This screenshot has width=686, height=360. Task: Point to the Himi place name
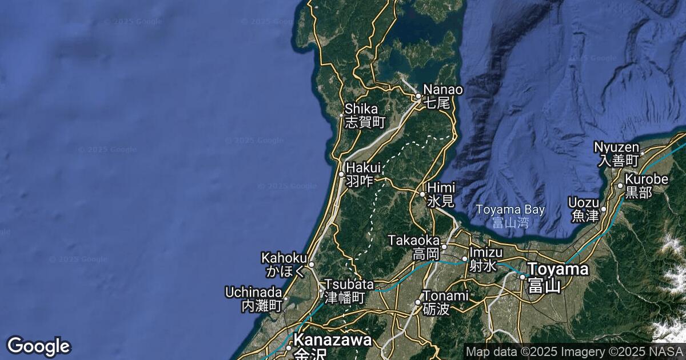tap(441, 194)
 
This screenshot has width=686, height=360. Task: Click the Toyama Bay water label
tap(510, 215)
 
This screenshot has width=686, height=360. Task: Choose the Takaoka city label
tap(414, 246)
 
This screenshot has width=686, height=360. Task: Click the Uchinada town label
tap(254, 298)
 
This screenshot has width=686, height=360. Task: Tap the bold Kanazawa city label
tap(332, 346)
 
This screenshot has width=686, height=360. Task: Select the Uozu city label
tap(583, 209)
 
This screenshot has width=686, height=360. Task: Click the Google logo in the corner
tap(38, 346)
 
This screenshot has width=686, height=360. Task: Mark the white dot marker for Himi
tap(423, 194)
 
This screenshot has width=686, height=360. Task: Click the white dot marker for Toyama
tap(522, 277)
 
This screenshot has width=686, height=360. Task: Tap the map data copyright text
tap(574, 351)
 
